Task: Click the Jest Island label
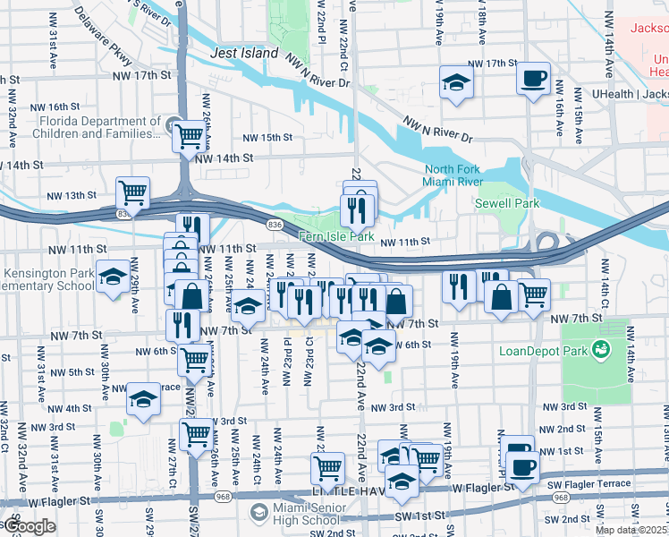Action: click(x=244, y=54)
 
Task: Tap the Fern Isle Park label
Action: click(x=335, y=237)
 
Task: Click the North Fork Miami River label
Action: click(x=453, y=175)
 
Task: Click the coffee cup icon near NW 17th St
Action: click(x=533, y=79)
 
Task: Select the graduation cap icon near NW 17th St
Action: click(x=456, y=83)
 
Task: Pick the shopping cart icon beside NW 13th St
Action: click(x=132, y=191)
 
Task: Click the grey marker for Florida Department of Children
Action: click(x=173, y=122)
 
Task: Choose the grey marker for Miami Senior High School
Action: click(x=258, y=512)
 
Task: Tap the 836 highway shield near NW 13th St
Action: click(x=123, y=214)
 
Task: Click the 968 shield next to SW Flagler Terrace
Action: click(x=561, y=498)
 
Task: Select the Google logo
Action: click(x=30, y=526)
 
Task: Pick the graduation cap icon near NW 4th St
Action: click(x=142, y=400)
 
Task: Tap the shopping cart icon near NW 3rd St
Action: click(x=196, y=434)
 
